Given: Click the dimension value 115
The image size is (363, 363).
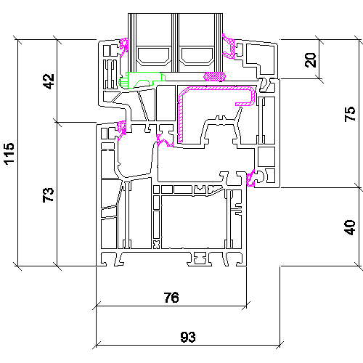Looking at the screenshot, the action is click(x=9, y=154).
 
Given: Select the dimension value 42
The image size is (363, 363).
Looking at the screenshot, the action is click(x=49, y=81).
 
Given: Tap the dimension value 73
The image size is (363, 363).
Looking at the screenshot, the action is click(x=48, y=195).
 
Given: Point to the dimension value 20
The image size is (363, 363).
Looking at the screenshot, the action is click(x=311, y=60).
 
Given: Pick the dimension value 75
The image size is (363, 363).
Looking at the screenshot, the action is click(x=350, y=114).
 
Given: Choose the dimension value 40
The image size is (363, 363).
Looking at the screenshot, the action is click(x=350, y=227).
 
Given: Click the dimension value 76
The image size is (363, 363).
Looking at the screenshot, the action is click(x=171, y=298).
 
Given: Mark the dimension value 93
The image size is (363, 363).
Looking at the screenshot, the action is click(x=188, y=337).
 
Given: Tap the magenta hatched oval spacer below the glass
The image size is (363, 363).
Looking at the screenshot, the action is click(x=215, y=76).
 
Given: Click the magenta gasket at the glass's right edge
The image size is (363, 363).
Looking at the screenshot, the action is click(x=229, y=46).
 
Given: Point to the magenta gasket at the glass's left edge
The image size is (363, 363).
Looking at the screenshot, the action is click(x=124, y=47).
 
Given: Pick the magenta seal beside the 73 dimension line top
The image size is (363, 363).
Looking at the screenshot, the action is click(x=122, y=129).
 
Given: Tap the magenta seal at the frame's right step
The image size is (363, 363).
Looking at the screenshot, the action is click(x=250, y=179).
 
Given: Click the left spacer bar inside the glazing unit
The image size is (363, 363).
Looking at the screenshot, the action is click(x=153, y=57).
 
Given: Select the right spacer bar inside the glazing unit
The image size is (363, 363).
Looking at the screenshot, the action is click(x=197, y=57).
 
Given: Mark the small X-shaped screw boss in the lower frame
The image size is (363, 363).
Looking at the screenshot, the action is click(x=156, y=245).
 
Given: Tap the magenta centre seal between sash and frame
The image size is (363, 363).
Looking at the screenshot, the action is click(x=165, y=141).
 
